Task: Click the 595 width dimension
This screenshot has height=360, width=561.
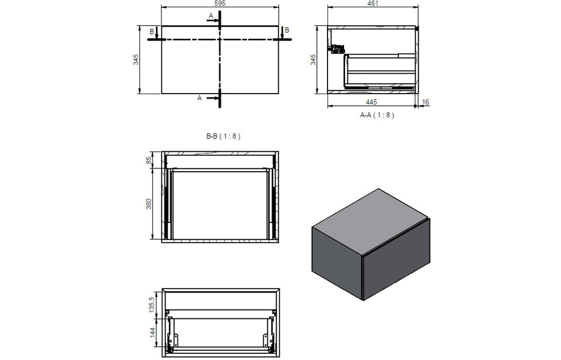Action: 220,3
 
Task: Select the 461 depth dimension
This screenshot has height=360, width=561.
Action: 373,3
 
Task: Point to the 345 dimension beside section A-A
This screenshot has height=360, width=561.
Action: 313,60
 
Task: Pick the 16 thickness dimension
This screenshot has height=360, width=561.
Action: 425,102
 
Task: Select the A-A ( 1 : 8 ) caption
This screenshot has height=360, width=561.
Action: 377,115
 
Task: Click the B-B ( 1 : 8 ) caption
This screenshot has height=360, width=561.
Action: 223,136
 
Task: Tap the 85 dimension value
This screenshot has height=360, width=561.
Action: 150,160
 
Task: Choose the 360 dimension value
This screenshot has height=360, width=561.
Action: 150,204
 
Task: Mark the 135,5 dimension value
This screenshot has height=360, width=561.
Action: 151,304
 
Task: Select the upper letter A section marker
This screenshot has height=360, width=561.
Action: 210,16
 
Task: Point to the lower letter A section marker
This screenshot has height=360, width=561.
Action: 200,98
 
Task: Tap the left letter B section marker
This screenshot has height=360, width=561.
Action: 151,31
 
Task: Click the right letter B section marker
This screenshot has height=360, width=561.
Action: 287,30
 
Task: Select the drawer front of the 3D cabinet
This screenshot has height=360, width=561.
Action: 396,260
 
